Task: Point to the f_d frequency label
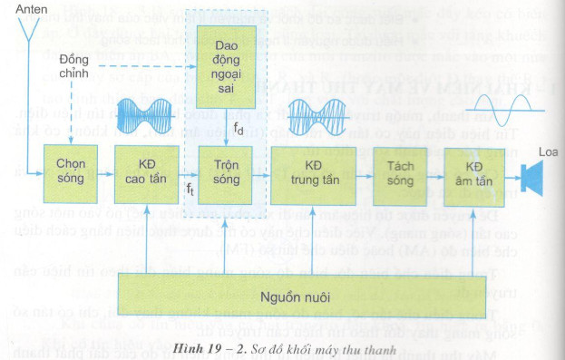pyautogui.click(x=238, y=129)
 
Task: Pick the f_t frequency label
pyautogui.click(x=190, y=188)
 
